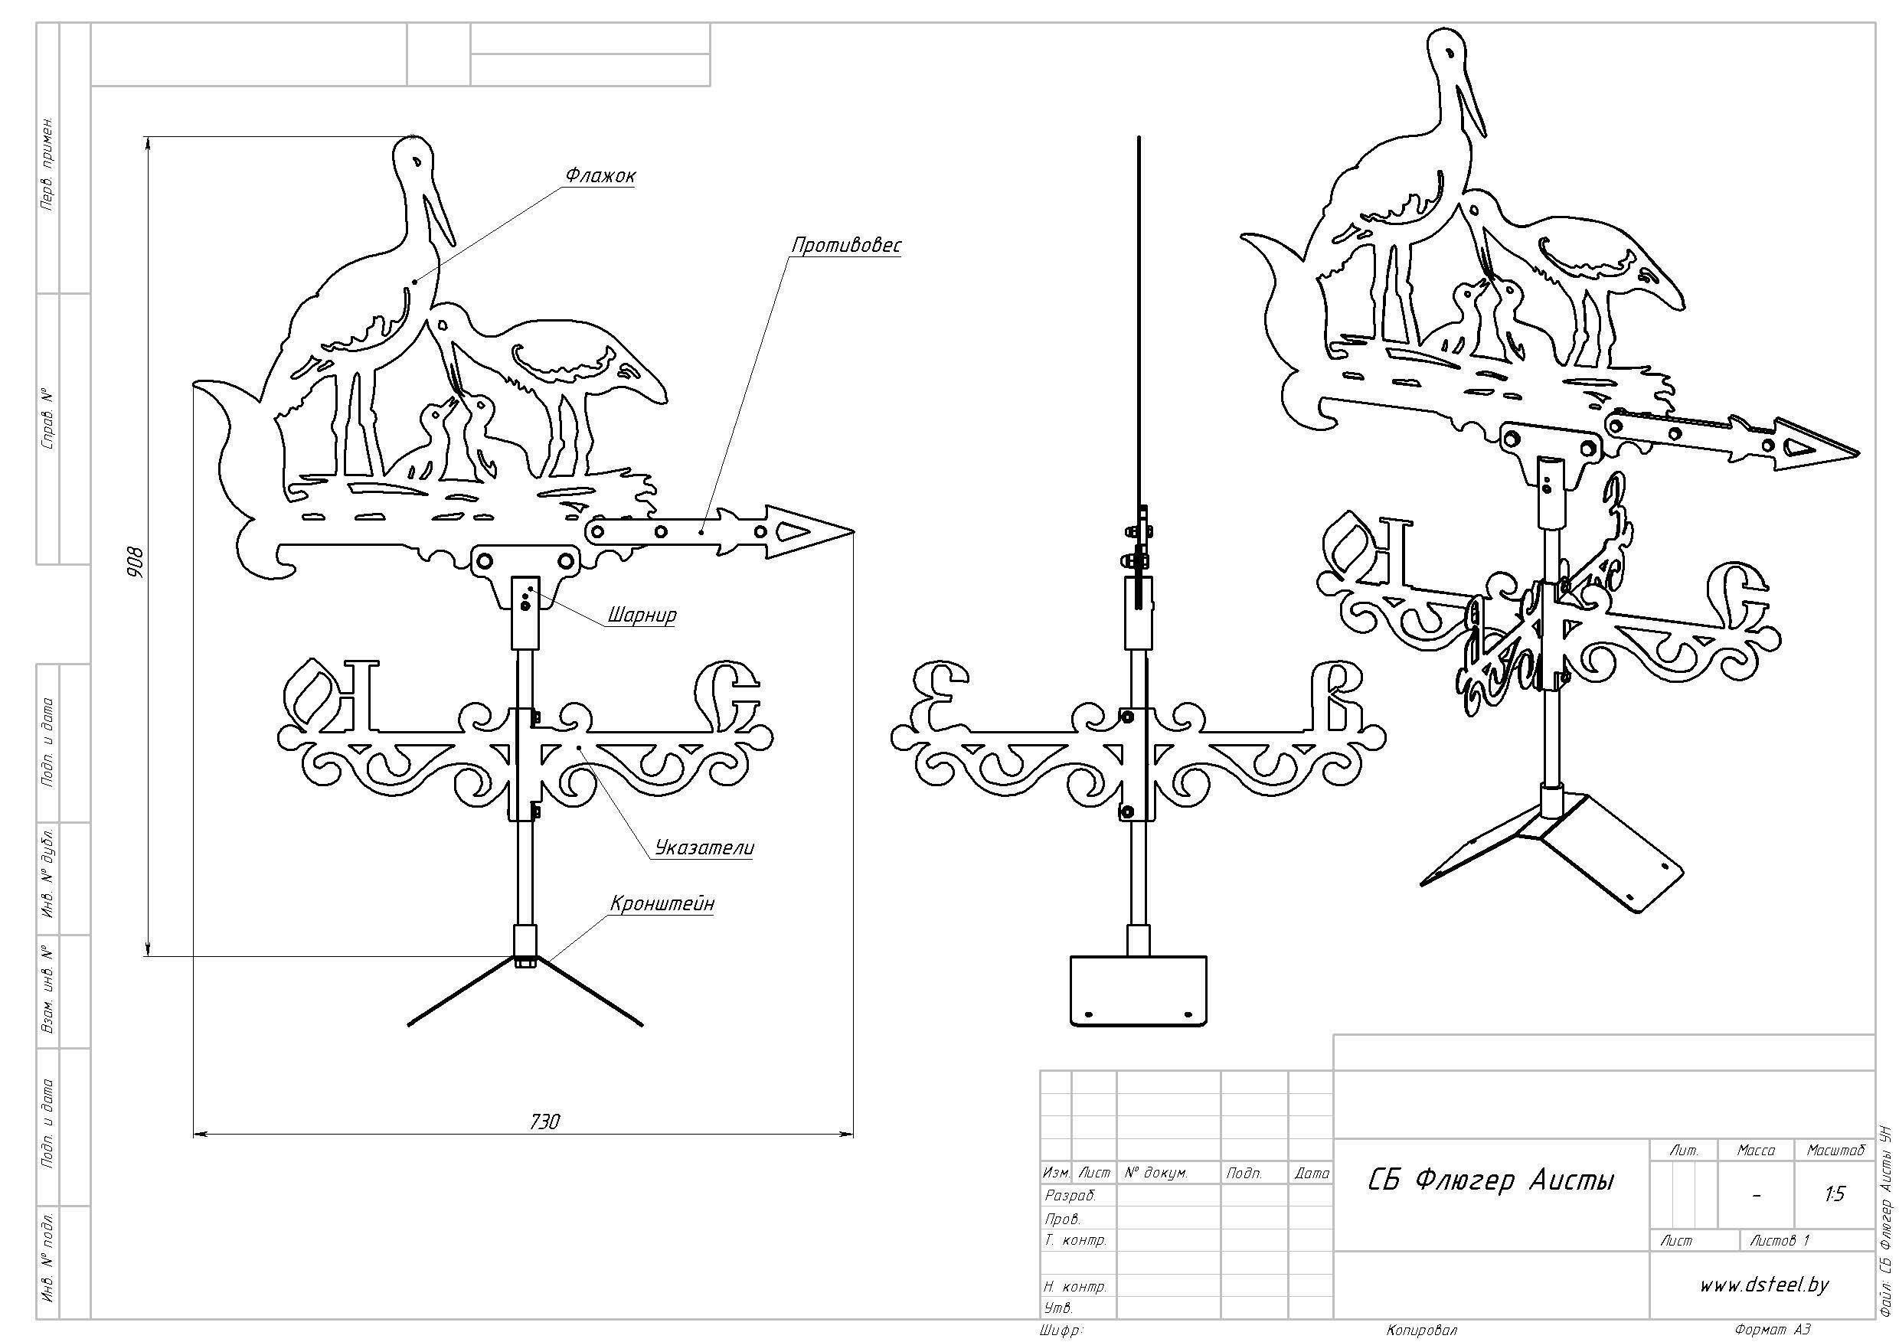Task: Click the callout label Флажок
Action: tap(601, 176)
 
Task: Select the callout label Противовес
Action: tap(846, 246)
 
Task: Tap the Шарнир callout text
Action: tap(642, 615)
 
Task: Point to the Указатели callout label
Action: tap(704, 847)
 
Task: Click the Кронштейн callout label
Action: tap(662, 904)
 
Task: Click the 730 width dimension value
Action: tap(544, 1122)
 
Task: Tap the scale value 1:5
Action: tap(1835, 1194)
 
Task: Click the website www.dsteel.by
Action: tap(1764, 1285)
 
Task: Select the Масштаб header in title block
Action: tap(1836, 1150)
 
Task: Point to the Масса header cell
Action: tap(1756, 1150)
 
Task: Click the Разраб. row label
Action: tap(1071, 1196)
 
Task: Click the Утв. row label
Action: tap(1060, 1308)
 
